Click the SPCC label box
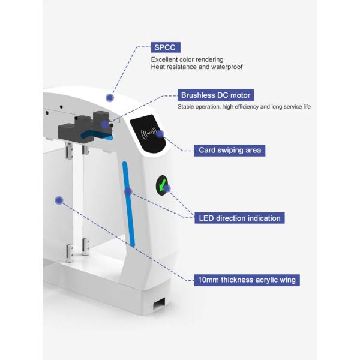click(x=166, y=46)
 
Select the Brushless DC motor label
click(x=215, y=95)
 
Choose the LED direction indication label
click(x=239, y=218)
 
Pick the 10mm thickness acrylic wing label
click(x=247, y=280)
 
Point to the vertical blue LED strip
click(x=127, y=204)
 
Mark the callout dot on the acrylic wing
click(x=59, y=200)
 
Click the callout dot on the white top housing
click(x=110, y=97)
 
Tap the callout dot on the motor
click(x=105, y=125)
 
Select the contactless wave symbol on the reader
click(x=148, y=133)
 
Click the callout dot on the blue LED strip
click(x=128, y=191)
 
